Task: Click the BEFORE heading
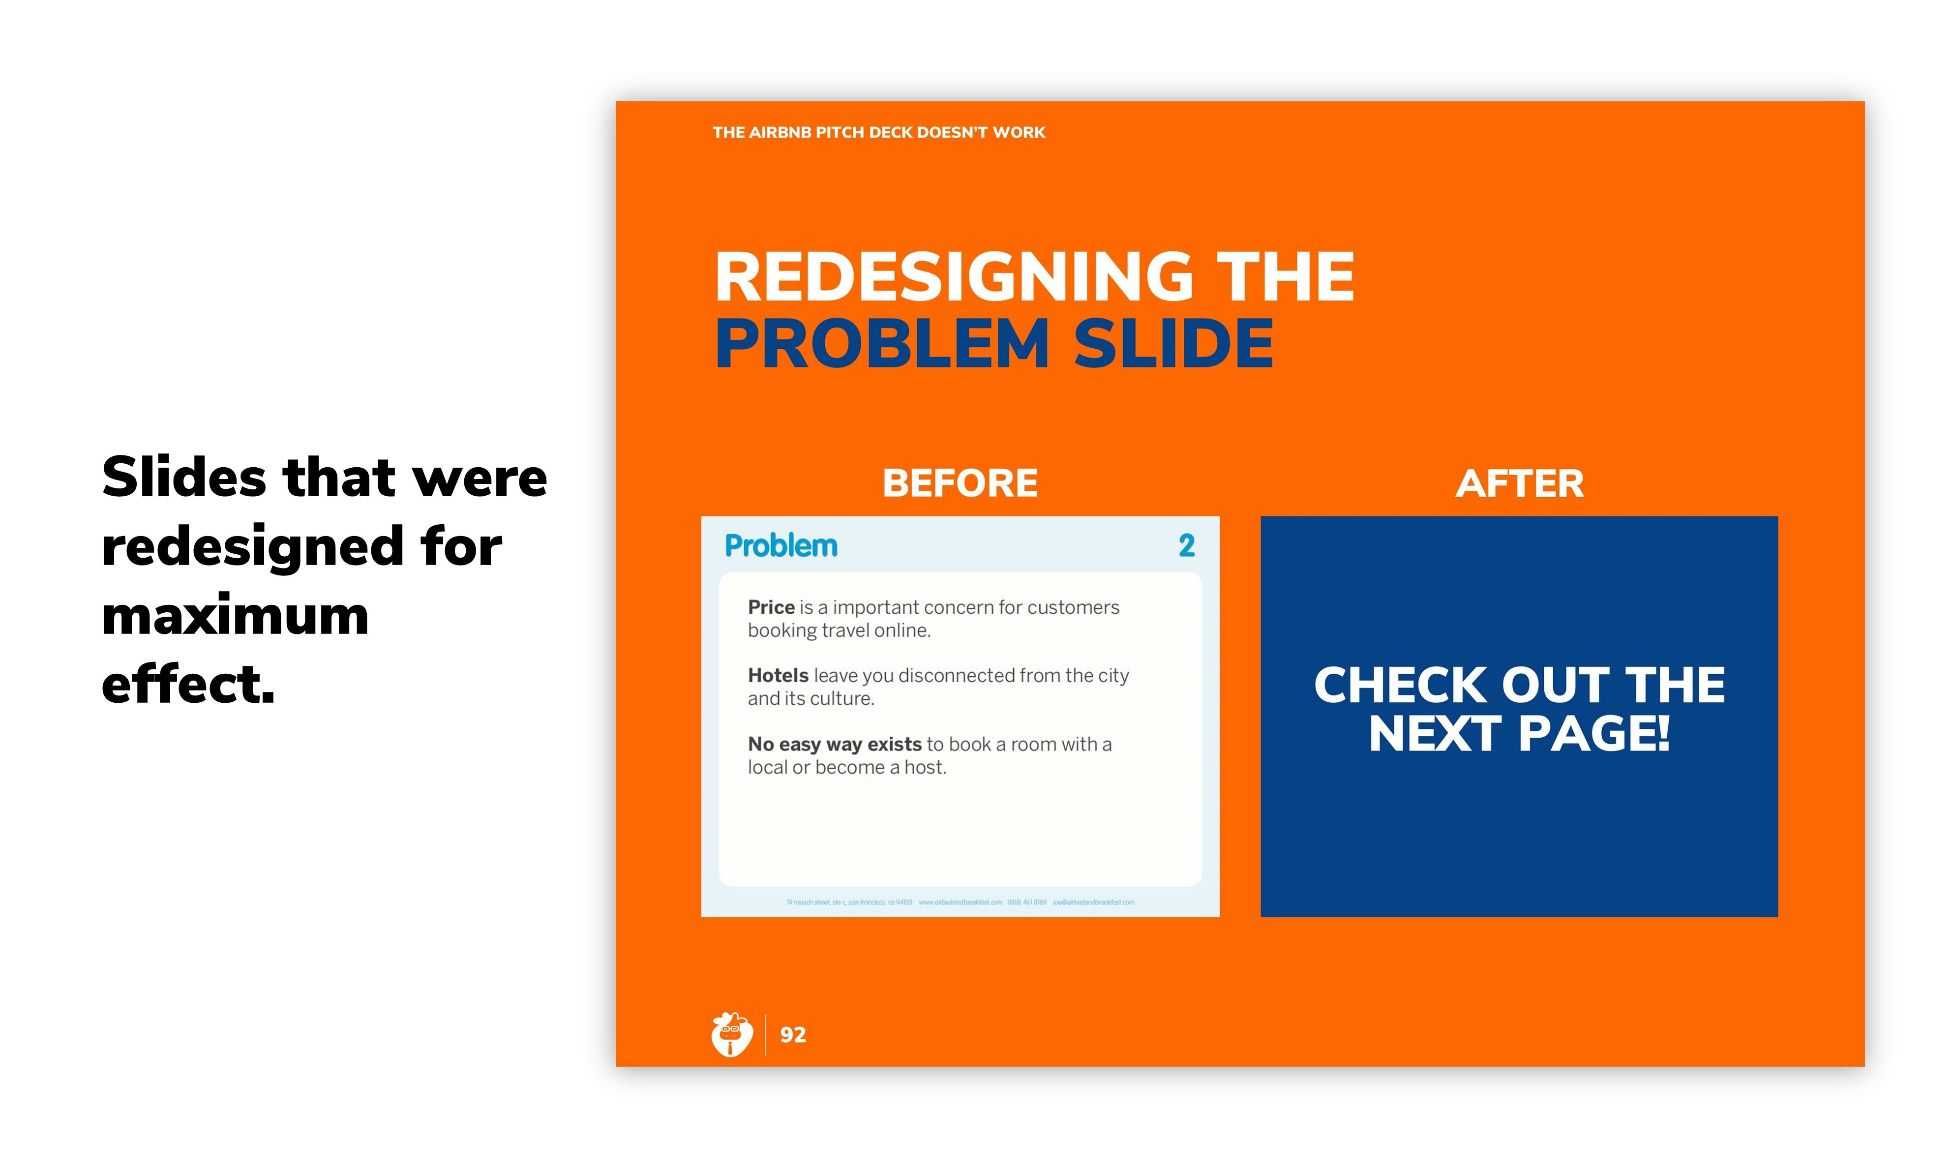click(960, 483)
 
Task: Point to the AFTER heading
click(1519, 483)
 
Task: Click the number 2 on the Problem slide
click(1186, 545)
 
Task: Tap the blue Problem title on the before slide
click(781, 545)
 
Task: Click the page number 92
click(793, 1035)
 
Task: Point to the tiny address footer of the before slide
click(960, 902)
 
